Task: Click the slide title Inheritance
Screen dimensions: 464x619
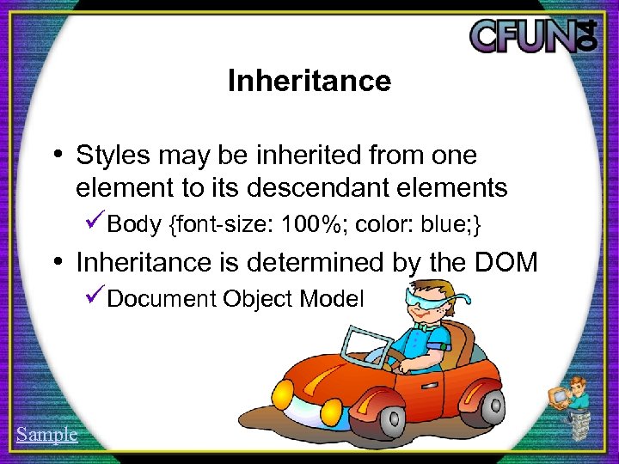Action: pyautogui.click(x=309, y=82)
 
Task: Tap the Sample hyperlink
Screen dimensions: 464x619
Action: pyautogui.click(x=46, y=434)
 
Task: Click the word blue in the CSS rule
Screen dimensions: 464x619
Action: pyautogui.click(x=444, y=225)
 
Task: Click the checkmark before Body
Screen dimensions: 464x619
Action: pyautogui.click(x=96, y=224)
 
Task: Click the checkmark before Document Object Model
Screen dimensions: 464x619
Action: pyautogui.click(x=96, y=298)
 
